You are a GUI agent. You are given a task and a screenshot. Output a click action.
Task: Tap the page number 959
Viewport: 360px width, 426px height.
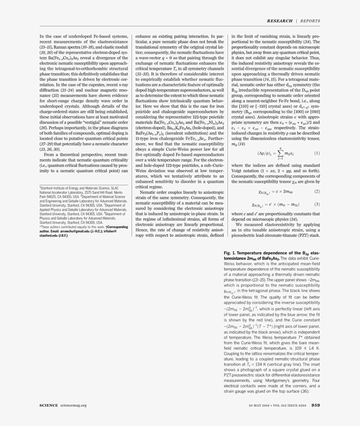point(316,405)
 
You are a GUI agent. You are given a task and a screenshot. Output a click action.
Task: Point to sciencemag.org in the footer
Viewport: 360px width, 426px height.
point(74,405)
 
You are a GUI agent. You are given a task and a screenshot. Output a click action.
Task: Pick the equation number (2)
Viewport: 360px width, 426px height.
point(317,191)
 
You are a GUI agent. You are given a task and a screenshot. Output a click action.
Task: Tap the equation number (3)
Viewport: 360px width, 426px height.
point(317,204)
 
